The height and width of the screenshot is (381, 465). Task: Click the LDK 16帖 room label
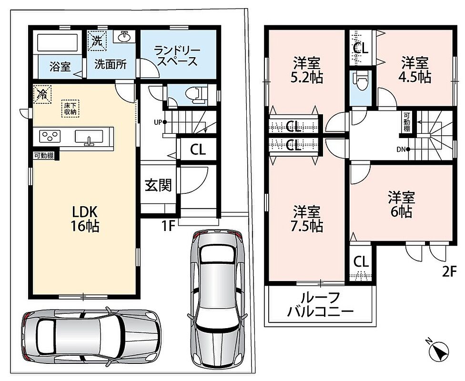pos(84,219)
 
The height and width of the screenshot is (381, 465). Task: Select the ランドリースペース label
pos(177,56)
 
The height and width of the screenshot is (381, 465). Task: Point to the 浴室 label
pos(60,67)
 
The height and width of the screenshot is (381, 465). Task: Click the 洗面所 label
pos(111,64)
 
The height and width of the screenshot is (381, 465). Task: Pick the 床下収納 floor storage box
pos(71,109)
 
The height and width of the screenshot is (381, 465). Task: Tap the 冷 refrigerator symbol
pos(42,94)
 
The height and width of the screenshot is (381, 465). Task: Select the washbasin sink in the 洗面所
pos(124,37)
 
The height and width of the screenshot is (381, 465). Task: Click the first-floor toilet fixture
pos(196,95)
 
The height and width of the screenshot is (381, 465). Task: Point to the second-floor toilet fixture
pos(361,80)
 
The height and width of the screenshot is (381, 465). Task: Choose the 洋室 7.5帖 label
pos(307,219)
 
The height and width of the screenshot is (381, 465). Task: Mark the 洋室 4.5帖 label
pos(415,70)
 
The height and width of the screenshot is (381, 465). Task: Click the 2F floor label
pos(449,271)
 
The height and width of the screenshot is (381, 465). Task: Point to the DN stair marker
pos(404,150)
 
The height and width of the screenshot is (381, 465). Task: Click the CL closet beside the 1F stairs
pos(198,150)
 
